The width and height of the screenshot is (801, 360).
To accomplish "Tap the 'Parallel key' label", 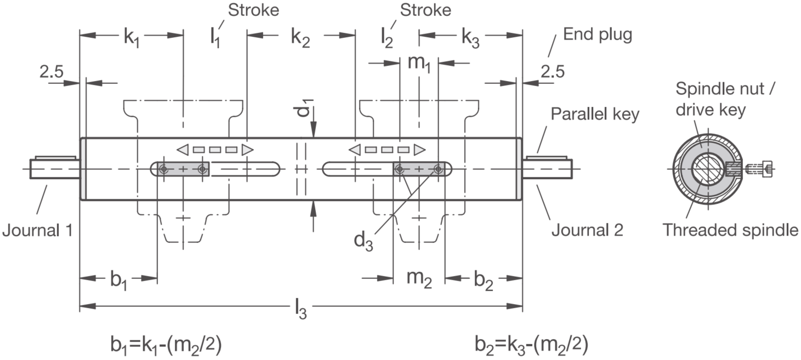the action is (595, 115).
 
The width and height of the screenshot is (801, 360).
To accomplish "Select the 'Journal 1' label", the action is (37, 230).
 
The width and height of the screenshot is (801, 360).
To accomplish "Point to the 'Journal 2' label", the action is (587, 230).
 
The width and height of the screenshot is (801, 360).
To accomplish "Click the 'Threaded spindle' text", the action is (730, 230).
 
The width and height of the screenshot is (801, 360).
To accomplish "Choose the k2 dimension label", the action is (300, 37).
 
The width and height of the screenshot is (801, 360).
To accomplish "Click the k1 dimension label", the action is (132, 37).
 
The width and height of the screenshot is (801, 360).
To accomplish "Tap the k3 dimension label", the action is (470, 37).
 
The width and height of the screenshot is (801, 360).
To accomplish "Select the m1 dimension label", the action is (419, 63).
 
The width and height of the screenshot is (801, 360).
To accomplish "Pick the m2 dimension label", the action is (419, 278).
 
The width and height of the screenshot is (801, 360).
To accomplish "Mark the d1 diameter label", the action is (304, 107).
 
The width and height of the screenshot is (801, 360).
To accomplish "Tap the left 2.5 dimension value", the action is (51, 72).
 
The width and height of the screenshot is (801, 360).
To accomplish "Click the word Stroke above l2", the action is (425, 10).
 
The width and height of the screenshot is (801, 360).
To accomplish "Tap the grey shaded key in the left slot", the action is (184, 169).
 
